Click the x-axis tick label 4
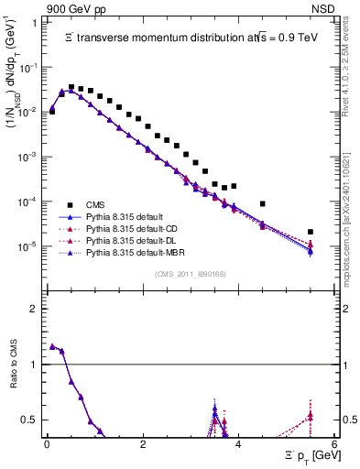point(238,443)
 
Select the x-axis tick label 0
point(47,443)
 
